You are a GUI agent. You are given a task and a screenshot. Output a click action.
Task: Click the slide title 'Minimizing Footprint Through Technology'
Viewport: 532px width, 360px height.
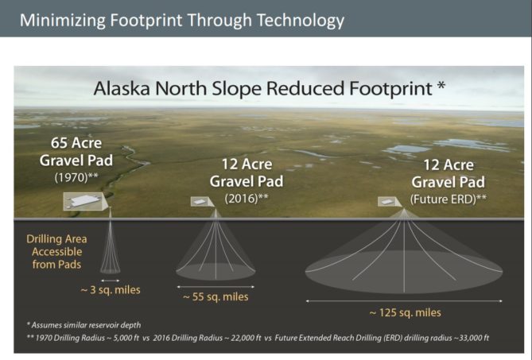182,19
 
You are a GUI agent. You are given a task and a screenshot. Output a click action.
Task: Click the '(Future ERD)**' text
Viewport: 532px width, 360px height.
448,197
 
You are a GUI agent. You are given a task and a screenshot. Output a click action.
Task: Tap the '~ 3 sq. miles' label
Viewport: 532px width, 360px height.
110,289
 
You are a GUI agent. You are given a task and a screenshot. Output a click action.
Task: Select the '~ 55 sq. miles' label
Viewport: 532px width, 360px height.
215,296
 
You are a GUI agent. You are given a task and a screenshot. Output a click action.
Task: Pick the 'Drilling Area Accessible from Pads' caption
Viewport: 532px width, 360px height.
56,250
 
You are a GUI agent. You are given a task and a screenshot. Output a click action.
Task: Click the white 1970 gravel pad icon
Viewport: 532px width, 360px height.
83,202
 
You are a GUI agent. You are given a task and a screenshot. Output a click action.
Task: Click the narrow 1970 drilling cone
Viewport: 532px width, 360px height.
110,246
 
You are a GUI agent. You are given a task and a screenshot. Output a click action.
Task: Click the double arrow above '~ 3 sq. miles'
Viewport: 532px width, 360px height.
110,280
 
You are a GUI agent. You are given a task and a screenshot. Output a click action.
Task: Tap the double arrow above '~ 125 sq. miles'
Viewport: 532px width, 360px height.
404,300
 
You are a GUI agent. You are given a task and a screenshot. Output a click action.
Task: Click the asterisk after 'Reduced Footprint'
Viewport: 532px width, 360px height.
441,84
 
